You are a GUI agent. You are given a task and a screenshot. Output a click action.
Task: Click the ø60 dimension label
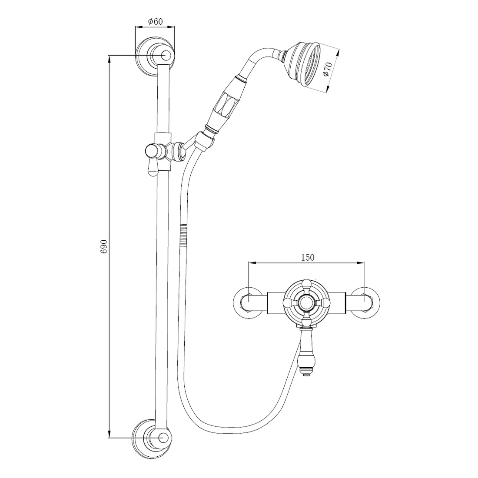[156, 21]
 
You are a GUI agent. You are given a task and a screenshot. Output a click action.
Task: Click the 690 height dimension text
[104, 247]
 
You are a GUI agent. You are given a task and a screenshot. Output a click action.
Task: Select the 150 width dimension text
[307, 258]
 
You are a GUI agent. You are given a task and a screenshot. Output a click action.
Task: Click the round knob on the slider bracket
[152, 151]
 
